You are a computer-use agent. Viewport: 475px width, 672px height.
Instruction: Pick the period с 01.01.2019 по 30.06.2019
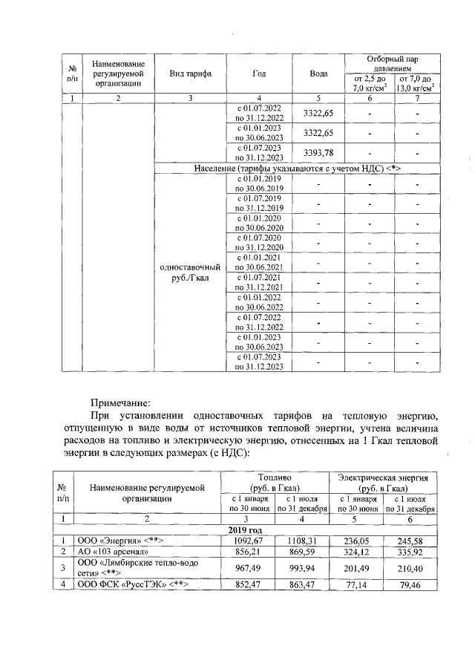click(260, 183)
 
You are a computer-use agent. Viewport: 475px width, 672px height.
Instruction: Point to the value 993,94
click(300, 569)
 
